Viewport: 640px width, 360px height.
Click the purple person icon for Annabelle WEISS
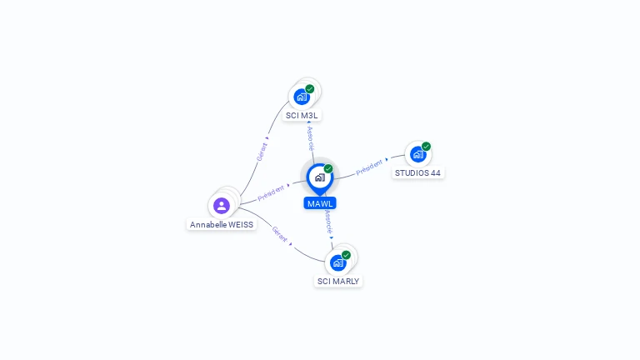pyautogui.click(x=221, y=205)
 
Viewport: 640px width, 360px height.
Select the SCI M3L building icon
pyautogui.click(x=302, y=97)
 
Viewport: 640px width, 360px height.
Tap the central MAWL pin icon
pyautogui.click(x=319, y=177)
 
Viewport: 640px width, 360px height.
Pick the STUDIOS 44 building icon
pyautogui.click(x=417, y=154)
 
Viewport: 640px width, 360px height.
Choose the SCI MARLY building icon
pyautogui.click(x=337, y=262)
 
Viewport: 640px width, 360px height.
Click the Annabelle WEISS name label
pyautogui.click(x=222, y=225)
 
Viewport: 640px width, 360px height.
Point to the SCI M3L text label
pyautogui.click(x=302, y=116)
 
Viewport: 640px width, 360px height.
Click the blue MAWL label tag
pyautogui.click(x=320, y=203)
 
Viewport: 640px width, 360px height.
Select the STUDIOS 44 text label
pyautogui.click(x=417, y=173)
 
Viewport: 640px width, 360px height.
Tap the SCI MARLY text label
pyautogui.click(x=338, y=282)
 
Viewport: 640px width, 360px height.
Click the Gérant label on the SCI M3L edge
pyautogui.click(x=262, y=151)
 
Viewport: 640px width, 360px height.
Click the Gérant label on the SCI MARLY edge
pyautogui.click(x=280, y=234)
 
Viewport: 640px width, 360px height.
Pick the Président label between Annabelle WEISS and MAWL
pyautogui.click(x=272, y=192)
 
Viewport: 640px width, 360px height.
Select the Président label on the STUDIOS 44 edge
pyautogui.click(x=370, y=167)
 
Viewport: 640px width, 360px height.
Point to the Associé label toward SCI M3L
pyautogui.click(x=310, y=138)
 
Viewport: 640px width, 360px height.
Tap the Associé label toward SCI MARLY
pyautogui.click(x=328, y=221)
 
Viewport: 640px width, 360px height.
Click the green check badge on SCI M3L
pyautogui.click(x=310, y=89)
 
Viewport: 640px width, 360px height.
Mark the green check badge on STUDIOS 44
pyautogui.click(x=426, y=147)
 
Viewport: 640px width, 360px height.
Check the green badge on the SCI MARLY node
pyautogui.click(x=346, y=255)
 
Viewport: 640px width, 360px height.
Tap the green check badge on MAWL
pyautogui.click(x=328, y=169)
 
